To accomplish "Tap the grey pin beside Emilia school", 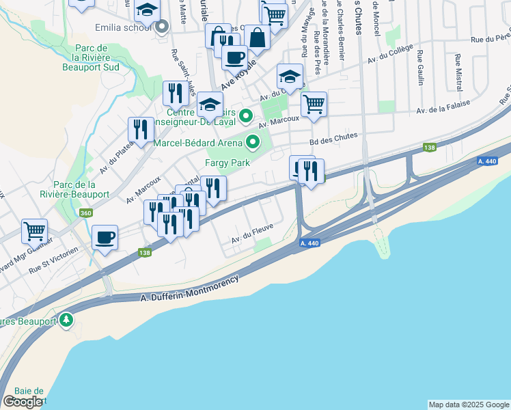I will pos(162,28).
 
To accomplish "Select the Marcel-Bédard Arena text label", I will pos(197,143).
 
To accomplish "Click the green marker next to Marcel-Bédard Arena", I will pos(253,143).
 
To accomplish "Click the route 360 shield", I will pos(86,213).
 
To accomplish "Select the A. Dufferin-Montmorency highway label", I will pos(190,290).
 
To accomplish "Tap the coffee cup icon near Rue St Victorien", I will pos(105,237).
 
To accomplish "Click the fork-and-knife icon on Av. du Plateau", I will pos(141,129).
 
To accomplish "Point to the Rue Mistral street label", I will pos(457,70).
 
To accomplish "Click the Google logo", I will pos(23,402).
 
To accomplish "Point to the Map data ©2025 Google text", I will pos(469,405).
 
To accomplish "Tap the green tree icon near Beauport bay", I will pos(66,319).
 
